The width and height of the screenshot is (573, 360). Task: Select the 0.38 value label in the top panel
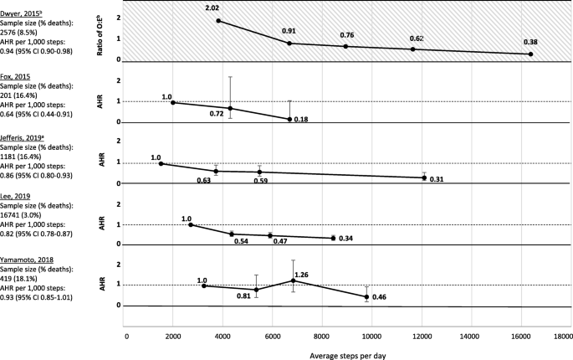tap(530, 43)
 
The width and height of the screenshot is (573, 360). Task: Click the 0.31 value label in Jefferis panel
tap(436, 179)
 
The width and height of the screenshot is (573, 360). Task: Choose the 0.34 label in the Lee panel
tap(345, 239)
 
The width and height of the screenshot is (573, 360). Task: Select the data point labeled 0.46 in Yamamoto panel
tap(366, 297)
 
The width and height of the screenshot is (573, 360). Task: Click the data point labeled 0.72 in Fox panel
tap(230, 108)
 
